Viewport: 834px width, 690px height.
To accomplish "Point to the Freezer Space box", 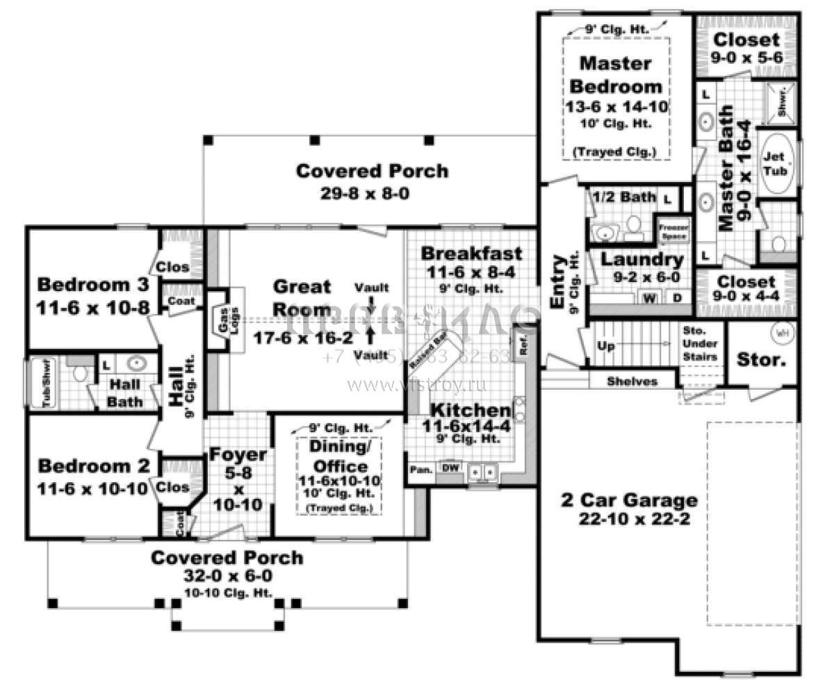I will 672,231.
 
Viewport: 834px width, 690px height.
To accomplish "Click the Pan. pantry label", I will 420,470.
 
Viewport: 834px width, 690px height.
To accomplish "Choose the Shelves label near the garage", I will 632,381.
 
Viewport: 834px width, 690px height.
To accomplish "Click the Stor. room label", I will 761,361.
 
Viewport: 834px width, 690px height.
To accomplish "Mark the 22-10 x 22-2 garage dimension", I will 633,518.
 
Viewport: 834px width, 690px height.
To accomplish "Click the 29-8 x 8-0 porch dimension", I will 373,192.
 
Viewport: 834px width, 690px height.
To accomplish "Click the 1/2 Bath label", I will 623,197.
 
